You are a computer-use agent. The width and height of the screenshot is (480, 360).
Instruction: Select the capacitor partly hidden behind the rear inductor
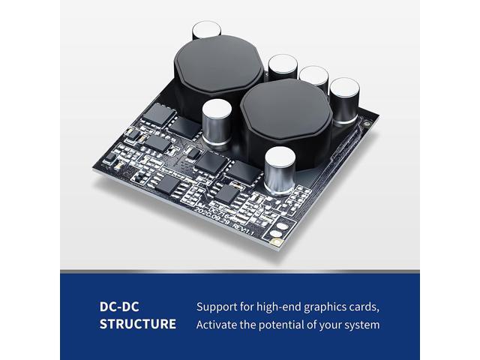pyautogui.click(x=205, y=31)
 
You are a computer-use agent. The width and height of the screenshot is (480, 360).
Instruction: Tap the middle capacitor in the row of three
pyautogui.click(x=313, y=82)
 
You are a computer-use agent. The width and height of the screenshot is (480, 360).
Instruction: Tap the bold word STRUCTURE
pyautogui.click(x=138, y=325)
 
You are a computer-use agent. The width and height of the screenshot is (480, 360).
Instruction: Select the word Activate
pyautogui.click(x=218, y=325)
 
